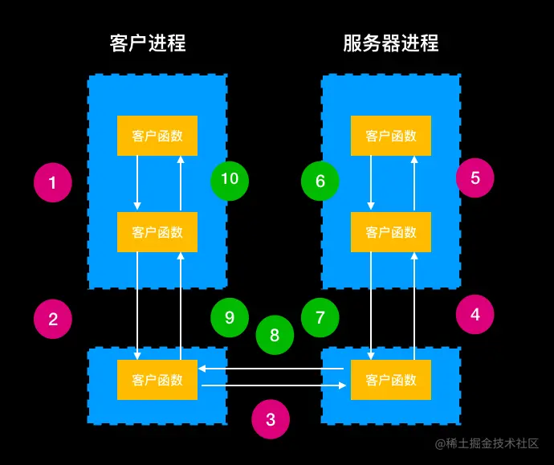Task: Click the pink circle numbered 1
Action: click(53, 182)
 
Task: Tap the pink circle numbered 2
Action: click(53, 319)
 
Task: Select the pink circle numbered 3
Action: click(271, 418)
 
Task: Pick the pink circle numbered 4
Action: click(475, 315)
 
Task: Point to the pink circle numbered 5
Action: click(475, 177)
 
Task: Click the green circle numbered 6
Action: click(320, 181)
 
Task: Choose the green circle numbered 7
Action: click(320, 317)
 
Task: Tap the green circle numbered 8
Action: click(275, 336)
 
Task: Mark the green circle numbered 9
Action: click(230, 317)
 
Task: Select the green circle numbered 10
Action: click(230, 178)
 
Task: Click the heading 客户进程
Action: click(148, 43)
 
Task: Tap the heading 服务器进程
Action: click(391, 43)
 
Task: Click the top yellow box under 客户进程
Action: click(157, 136)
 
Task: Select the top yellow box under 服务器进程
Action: click(391, 136)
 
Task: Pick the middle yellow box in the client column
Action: click(157, 232)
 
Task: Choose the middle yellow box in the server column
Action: click(391, 232)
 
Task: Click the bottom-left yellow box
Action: click(157, 380)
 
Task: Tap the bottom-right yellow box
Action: click(391, 380)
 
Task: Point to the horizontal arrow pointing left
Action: click(273, 369)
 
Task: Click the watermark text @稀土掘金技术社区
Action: click(487, 443)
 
